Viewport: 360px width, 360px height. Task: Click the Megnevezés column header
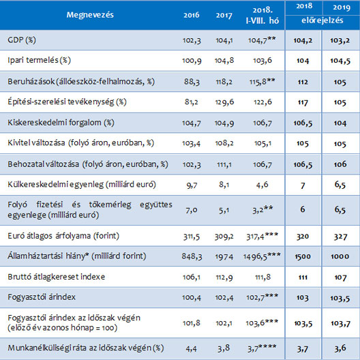90,15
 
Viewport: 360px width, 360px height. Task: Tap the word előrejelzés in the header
322,20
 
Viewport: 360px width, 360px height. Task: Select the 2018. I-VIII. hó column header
262,16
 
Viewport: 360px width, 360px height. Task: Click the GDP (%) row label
22,40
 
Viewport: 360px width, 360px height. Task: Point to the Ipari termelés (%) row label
39,61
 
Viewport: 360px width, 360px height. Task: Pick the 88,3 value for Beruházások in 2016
192,82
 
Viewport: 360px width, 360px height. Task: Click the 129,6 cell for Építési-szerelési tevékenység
224,102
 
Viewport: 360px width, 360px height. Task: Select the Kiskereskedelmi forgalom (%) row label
61,123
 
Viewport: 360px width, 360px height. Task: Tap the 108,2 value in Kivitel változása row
224,143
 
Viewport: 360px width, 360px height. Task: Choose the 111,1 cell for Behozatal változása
224,164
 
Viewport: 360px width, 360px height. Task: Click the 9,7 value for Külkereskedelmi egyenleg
192,185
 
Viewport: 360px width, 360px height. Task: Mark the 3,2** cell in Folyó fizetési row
262,209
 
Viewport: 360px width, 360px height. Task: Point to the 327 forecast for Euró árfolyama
340,237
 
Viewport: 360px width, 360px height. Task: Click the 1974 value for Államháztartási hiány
224,256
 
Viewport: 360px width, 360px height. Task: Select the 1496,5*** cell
262,256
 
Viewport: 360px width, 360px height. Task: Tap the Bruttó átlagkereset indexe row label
56,277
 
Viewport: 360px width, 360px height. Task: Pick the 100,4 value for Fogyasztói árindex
192,297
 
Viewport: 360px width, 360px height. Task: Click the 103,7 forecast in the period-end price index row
340,323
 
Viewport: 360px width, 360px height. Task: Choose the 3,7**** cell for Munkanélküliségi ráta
262,348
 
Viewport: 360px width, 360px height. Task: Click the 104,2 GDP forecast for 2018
303,41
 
